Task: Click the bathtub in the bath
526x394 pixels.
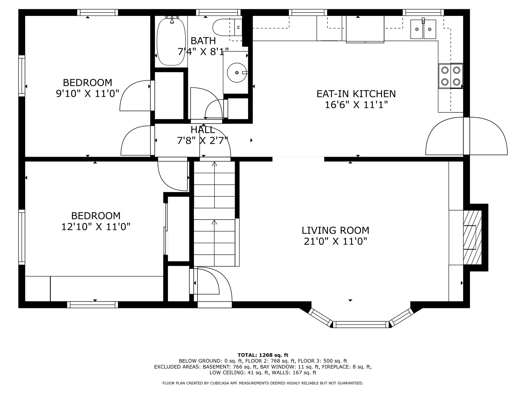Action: coord(171,41)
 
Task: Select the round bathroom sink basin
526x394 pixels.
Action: coord(237,73)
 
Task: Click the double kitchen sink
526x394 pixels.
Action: coord(423,29)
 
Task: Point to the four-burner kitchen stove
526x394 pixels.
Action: coord(451,76)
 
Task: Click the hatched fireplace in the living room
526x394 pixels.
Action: coord(472,238)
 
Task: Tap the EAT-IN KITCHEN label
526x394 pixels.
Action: coord(356,94)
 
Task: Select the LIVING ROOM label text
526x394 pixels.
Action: coord(335,230)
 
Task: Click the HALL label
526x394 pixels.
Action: coord(203,130)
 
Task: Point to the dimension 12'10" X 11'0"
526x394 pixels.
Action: coord(96,227)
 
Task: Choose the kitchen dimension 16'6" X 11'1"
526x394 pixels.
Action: coord(356,105)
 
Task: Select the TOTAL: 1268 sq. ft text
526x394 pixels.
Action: coord(263,355)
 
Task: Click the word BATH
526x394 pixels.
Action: coord(203,41)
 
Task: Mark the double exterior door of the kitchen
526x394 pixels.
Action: coord(466,136)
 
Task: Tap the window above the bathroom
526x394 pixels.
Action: coord(218,12)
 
